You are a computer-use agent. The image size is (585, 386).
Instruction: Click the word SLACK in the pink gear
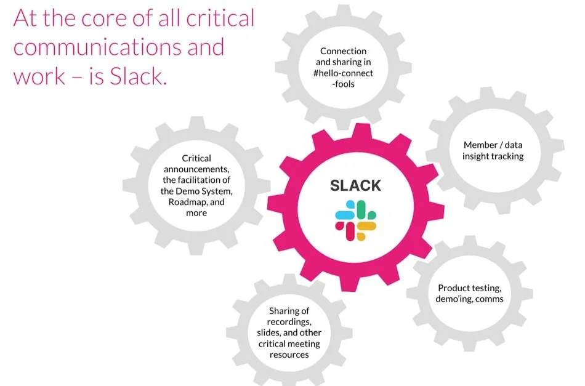click(x=355, y=185)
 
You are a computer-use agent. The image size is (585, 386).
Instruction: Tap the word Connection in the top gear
click(x=343, y=51)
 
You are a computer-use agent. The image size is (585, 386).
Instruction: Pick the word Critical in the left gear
click(x=196, y=159)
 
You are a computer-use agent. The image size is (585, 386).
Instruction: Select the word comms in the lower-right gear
click(x=490, y=299)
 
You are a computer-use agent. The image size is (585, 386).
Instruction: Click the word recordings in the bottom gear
click(x=290, y=322)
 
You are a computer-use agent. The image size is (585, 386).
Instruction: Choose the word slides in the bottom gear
click(x=269, y=333)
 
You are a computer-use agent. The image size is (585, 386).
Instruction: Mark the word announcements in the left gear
click(x=196, y=169)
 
